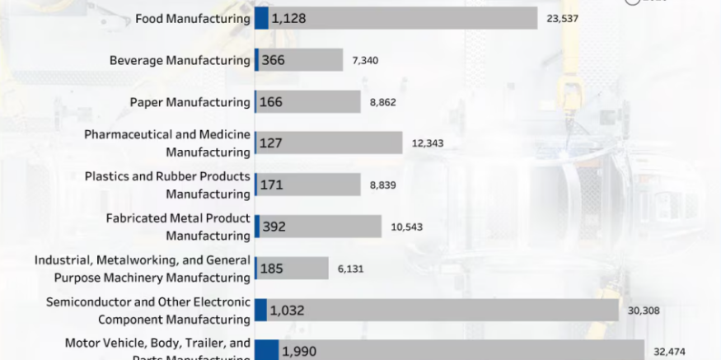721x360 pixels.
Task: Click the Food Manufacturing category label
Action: click(x=193, y=18)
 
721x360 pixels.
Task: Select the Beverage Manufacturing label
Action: click(x=180, y=60)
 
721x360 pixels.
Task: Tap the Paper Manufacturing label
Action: click(x=190, y=102)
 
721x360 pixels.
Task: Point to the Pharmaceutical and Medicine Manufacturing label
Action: click(x=167, y=143)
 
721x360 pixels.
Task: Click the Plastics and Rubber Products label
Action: click(x=167, y=185)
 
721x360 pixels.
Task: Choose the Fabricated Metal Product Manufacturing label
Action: click(x=178, y=227)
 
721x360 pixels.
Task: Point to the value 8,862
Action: click(x=383, y=102)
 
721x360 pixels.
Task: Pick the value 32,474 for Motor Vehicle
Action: click(x=669, y=351)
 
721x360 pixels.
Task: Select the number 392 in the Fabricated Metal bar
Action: click(x=274, y=227)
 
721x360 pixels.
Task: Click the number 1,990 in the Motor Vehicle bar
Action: click(x=298, y=352)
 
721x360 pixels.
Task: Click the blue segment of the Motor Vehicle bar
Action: click(x=266, y=352)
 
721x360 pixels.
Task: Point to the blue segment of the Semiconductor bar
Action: click(x=260, y=310)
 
